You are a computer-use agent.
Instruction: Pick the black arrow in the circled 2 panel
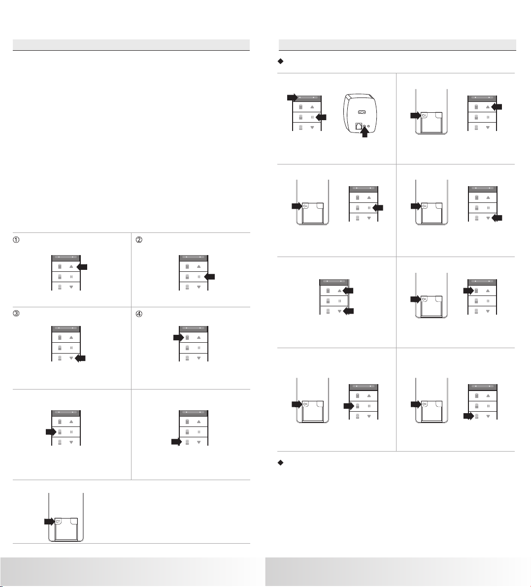point(210,277)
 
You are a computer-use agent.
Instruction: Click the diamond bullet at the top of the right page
point(280,61)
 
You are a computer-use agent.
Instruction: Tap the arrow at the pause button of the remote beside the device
point(321,117)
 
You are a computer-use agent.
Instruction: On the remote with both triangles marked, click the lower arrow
point(348,311)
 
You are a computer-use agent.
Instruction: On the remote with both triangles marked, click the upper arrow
point(348,291)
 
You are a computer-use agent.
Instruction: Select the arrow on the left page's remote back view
point(48,521)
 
